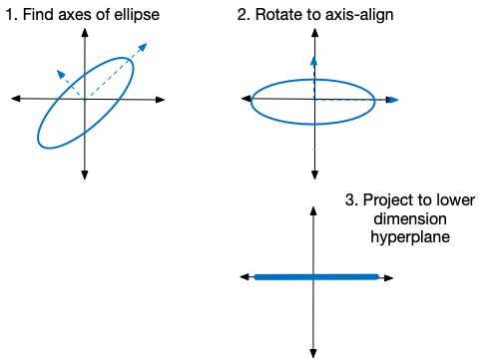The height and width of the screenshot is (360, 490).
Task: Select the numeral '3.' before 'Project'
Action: [351, 199]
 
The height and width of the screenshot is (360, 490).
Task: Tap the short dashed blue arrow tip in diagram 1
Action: [61, 72]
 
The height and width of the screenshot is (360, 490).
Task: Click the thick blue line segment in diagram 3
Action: [316, 276]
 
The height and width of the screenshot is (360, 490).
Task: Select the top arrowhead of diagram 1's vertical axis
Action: [86, 30]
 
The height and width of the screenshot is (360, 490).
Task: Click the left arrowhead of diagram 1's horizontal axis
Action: [15, 98]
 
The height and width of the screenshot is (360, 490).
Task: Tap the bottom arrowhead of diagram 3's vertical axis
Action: [313, 350]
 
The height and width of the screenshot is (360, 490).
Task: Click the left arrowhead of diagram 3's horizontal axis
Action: [244, 276]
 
